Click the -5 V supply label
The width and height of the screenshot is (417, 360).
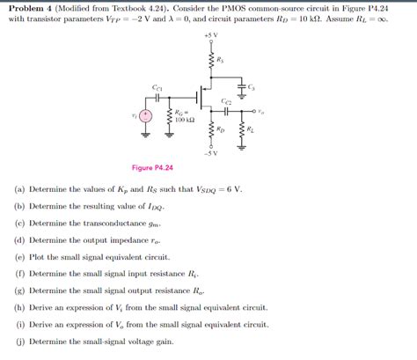tap(210, 154)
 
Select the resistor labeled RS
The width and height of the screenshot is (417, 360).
tap(210, 61)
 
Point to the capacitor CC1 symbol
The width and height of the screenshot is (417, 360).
tap(157, 97)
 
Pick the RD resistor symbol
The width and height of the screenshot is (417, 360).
tap(210, 130)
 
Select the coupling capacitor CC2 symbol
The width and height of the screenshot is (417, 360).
tap(227, 111)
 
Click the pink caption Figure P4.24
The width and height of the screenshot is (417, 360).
tap(151, 167)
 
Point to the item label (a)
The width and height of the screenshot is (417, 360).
tap(19, 189)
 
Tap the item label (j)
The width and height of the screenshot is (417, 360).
tap(19, 341)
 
